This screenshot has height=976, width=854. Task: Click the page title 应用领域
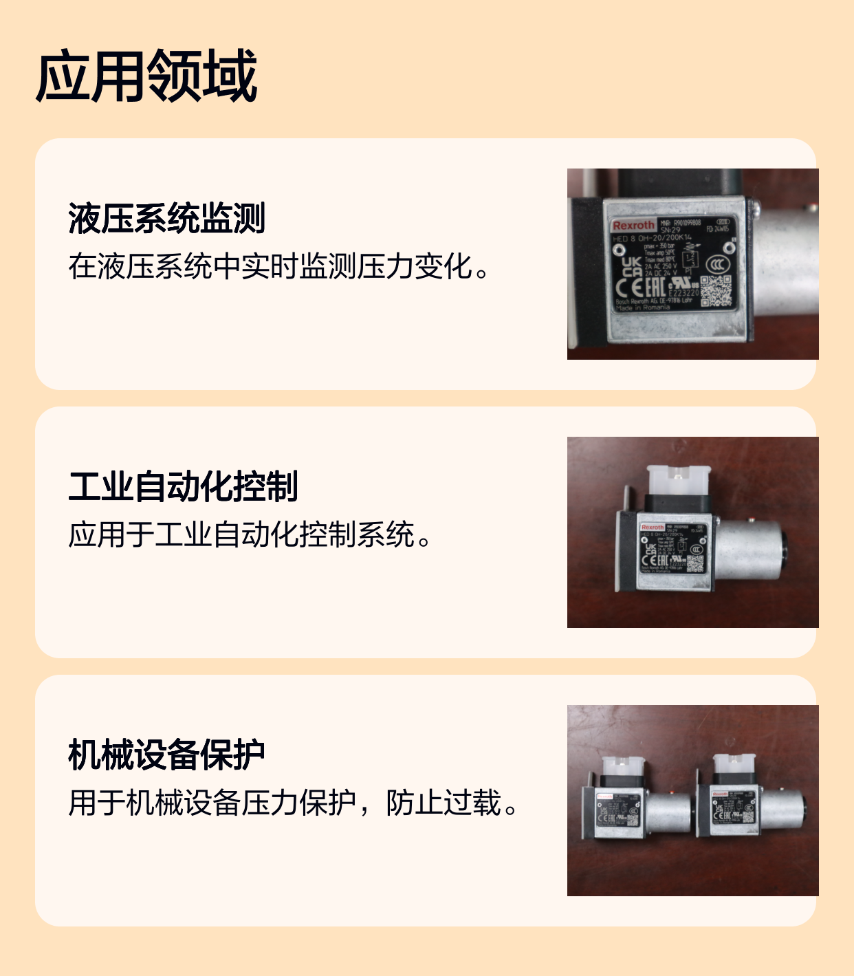146,76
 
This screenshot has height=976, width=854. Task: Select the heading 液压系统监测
166,219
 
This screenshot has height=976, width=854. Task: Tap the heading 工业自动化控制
183,487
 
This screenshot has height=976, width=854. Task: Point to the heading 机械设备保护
166,755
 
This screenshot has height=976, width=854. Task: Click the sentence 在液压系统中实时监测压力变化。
278,267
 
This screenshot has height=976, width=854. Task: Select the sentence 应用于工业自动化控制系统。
250,535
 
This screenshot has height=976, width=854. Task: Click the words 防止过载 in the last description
443,803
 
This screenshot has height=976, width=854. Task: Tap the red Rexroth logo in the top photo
633,226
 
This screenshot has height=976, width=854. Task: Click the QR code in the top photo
716,291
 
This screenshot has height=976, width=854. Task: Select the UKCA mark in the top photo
632,267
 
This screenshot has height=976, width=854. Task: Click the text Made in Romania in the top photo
643,307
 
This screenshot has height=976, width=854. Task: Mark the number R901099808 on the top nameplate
687,223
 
